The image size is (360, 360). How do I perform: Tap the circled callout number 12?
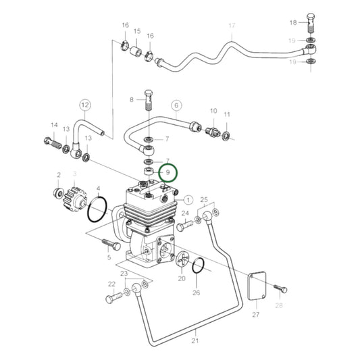coord(84,105)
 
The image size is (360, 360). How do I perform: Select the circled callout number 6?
coord(177,105)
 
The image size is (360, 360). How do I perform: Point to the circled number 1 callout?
coord(188,200)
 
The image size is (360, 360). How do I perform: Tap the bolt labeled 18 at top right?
coord(311,23)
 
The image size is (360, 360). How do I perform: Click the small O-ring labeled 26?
coord(197,267)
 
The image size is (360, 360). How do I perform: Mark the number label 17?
coord(232,26)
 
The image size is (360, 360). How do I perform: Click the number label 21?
coord(195,341)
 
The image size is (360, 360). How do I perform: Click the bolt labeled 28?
coord(282,290)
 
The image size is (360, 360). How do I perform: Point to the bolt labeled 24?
coord(182,228)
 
